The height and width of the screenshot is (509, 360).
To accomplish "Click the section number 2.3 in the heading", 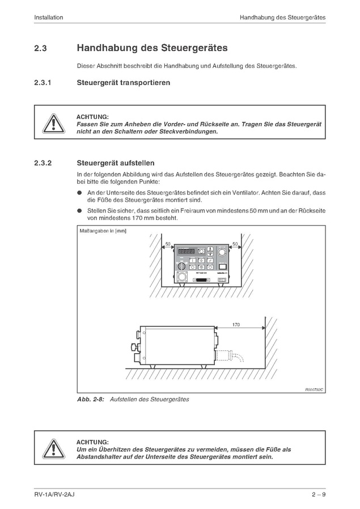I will pyautogui.click(x=40, y=49).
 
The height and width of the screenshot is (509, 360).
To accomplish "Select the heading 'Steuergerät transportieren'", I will pyautogui.click(x=123, y=83).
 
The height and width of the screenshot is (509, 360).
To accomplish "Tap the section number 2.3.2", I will pyautogui.click(x=43, y=163).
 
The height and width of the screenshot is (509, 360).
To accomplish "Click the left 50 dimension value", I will pyautogui.click(x=168, y=244).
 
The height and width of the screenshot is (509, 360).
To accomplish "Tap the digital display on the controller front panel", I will pyautogui.click(x=187, y=251).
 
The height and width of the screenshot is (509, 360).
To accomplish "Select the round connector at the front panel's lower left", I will pyautogui.click(x=184, y=278).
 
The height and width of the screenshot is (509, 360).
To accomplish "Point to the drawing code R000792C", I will pyautogui.click(x=314, y=389).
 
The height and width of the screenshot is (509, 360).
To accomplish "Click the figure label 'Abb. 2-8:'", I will pyautogui.click(x=89, y=400).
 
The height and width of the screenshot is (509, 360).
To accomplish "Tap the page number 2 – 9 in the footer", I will pyautogui.click(x=318, y=495).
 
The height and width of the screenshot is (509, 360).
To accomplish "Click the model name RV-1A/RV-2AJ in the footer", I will pyautogui.click(x=54, y=495).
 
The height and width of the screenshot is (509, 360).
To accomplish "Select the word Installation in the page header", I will pyautogui.click(x=48, y=18).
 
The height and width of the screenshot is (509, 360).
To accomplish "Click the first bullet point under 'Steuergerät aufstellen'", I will pyautogui.click(x=80, y=193).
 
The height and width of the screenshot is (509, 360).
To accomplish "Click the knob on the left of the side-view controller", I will pyautogui.click(x=135, y=346).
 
